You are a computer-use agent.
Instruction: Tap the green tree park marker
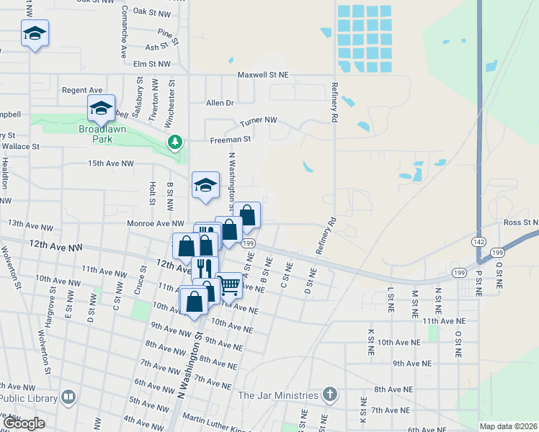pos(174,142)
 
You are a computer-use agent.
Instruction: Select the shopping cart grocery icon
pos(229,285)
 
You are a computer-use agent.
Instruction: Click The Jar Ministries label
pos(277,395)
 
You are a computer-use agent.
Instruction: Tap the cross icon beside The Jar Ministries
pos(329,395)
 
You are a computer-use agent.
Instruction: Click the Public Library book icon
pos(68,396)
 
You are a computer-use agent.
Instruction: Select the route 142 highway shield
pos(480,242)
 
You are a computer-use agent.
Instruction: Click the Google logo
pos(24,423)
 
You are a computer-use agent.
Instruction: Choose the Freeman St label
pos(230,139)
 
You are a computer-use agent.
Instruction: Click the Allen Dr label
pos(220,103)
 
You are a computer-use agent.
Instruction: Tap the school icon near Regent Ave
pos(101,109)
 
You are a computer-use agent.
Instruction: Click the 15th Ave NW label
pos(111,164)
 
